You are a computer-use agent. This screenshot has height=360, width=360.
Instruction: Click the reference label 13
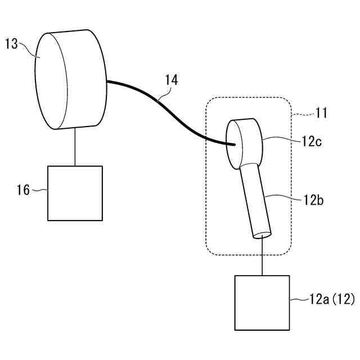(11, 44)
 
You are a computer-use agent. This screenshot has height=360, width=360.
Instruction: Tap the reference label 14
(172, 80)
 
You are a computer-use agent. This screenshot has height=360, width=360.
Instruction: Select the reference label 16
(23, 190)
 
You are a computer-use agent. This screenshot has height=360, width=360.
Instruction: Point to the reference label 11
(321, 112)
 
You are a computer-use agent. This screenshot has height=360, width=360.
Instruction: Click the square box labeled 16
(75, 193)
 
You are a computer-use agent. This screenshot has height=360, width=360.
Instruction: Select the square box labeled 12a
(262, 302)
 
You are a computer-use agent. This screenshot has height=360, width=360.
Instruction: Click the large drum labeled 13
(70, 79)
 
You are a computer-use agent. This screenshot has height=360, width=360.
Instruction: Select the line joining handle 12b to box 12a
(262, 256)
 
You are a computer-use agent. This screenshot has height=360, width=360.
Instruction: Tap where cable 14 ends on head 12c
(233, 145)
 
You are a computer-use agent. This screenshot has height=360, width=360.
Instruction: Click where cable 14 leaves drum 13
(107, 82)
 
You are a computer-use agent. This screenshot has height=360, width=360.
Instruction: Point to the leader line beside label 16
(39, 191)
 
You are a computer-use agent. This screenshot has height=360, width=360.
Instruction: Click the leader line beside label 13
(28, 49)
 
